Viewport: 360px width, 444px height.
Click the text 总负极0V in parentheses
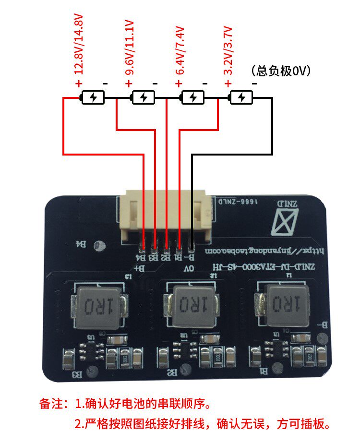[x=281, y=71]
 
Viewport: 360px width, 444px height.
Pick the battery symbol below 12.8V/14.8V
[x=94, y=98]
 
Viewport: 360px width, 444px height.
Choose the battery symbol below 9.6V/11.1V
[x=143, y=98]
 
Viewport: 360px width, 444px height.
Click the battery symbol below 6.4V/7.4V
[x=192, y=98]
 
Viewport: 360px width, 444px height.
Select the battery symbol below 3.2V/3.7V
[x=241, y=98]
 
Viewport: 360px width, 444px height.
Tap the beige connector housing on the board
[x=166, y=214]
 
